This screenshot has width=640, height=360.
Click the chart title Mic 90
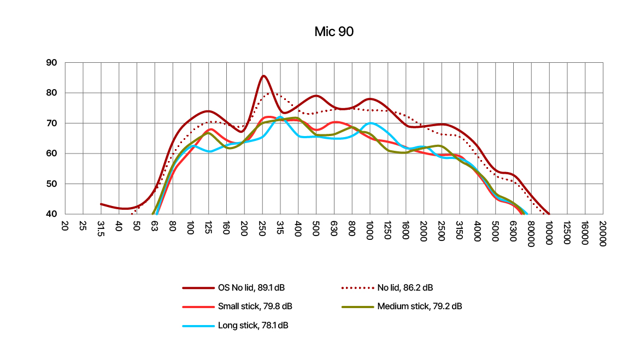334,32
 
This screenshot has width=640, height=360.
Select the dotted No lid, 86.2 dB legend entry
405,287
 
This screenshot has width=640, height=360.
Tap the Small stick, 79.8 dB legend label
259,306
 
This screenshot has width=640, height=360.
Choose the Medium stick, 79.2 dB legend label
419,306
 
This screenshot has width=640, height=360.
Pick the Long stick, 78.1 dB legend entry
253,326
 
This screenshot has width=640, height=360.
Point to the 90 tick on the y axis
51,63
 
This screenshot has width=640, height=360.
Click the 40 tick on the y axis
51,214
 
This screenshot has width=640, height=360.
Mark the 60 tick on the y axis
51,154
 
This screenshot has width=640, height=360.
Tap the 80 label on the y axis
51,93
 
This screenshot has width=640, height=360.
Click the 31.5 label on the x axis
101,229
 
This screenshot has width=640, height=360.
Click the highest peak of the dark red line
263,76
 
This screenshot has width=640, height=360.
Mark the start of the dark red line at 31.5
101,204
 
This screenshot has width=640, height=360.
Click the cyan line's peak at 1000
371,123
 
